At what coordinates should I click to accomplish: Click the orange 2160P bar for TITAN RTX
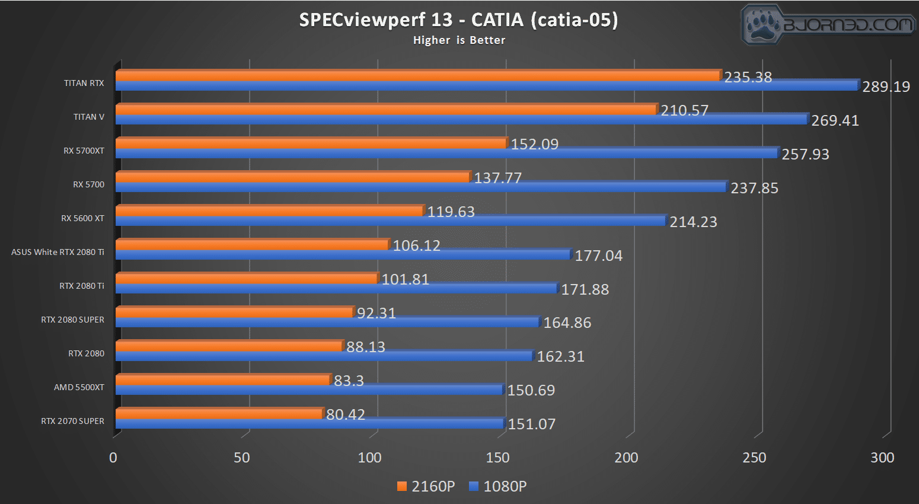418,75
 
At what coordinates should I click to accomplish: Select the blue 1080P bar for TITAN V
461,119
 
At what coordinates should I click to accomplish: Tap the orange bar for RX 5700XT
311,143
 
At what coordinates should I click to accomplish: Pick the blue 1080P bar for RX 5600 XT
391,221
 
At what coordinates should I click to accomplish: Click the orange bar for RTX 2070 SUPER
219,413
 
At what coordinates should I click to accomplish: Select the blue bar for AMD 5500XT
309,390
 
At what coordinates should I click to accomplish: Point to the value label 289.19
886,87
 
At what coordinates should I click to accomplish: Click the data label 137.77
498,178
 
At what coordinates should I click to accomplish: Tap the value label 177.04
599,256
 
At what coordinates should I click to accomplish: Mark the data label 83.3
349,381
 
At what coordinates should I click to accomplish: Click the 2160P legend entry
426,486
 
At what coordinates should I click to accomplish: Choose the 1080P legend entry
498,486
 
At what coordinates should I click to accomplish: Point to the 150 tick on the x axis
497,458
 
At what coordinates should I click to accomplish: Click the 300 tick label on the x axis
882,458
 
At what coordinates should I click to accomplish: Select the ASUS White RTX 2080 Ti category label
58,252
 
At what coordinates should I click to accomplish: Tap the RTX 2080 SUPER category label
72,320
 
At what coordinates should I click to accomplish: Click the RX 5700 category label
88,184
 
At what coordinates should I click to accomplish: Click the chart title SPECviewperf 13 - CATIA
458,20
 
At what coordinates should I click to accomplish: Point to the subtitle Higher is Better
459,40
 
